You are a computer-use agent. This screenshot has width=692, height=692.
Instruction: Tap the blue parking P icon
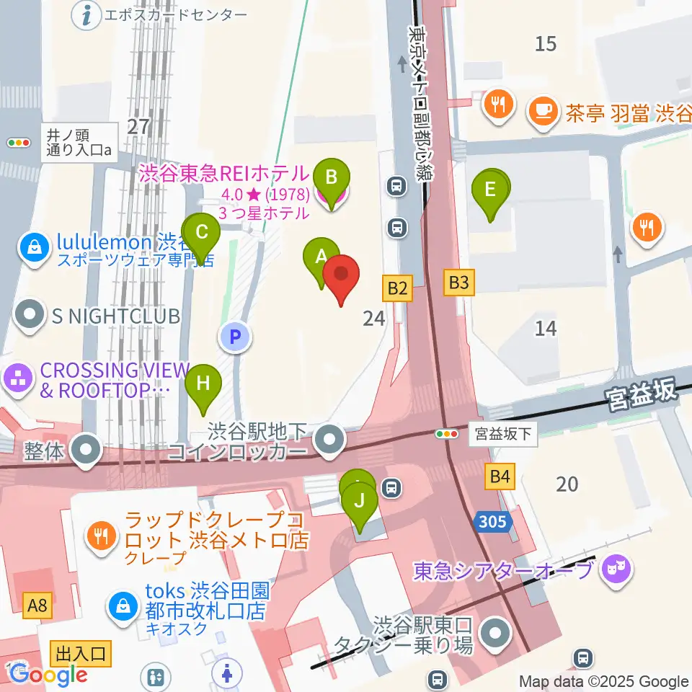pyautogui.click(x=235, y=336)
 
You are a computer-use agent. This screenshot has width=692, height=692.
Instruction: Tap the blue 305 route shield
pyautogui.click(x=494, y=522)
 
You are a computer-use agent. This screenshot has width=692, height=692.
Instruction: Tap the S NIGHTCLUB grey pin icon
pyautogui.click(x=30, y=315)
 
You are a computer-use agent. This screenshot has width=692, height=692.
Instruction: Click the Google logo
pyautogui.click(x=48, y=675)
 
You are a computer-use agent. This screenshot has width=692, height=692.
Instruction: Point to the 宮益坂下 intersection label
pyautogui.click(x=503, y=434)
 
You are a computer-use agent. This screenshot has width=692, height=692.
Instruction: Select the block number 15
pyautogui.click(x=546, y=44)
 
